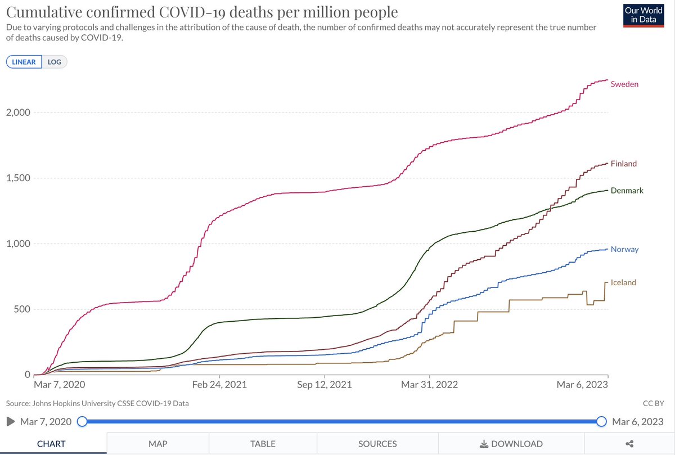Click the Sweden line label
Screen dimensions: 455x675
pos(624,84)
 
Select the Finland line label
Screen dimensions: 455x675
pos(623,164)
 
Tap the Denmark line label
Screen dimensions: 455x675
pos(627,191)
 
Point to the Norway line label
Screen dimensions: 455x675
pos(624,249)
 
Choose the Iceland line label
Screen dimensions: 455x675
pos(623,282)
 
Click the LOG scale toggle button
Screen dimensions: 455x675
pos(55,62)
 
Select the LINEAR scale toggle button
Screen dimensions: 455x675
pos(24,62)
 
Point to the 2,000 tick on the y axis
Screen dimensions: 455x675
pos(18,112)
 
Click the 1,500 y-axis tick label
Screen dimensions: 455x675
pos(18,178)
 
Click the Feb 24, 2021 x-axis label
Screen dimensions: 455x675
pos(220,385)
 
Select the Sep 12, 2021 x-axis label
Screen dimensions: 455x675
pos(325,385)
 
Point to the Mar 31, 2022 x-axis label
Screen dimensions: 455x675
pos(430,385)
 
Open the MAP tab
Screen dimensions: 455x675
pos(157,444)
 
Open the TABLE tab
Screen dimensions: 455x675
pos(263,444)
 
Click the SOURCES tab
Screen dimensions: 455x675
pos(377,444)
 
